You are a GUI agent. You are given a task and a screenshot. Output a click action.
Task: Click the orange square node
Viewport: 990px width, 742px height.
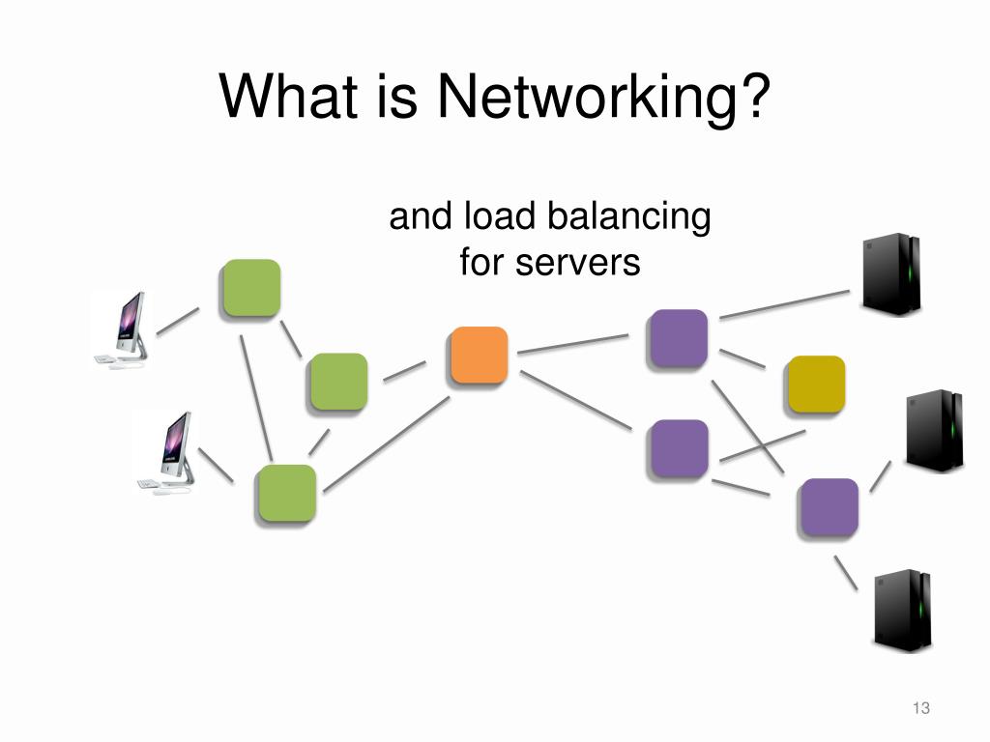click(479, 355)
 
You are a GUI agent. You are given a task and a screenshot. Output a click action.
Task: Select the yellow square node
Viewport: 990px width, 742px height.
click(816, 384)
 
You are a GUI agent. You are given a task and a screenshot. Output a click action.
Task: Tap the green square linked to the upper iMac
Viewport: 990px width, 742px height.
click(251, 288)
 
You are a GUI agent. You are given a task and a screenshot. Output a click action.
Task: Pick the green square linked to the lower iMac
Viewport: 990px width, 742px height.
click(285, 493)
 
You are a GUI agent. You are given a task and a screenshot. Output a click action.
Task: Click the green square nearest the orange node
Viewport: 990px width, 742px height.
click(338, 382)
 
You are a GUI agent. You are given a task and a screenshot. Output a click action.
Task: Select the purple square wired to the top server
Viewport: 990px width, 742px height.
click(678, 338)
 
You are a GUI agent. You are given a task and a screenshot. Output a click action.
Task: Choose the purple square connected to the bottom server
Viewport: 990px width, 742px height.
click(829, 506)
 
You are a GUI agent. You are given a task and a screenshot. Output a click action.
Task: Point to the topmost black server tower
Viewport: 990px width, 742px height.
click(889, 274)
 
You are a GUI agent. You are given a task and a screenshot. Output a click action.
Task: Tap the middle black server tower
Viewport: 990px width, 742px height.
click(933, 431)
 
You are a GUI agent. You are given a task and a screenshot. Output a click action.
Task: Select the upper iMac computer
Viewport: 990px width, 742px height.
click(124, 329)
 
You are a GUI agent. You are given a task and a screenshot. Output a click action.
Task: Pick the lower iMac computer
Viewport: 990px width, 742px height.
click(166, 451)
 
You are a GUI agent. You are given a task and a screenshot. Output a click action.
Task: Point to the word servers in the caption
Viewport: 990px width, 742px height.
click(579, 261)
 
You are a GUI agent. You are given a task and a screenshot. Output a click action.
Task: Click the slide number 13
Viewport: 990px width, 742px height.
click(920, 709)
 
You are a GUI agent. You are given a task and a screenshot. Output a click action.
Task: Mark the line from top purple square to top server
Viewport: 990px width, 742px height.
click(784, 304)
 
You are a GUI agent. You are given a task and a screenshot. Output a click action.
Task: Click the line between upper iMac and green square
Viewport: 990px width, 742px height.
click(177, 322)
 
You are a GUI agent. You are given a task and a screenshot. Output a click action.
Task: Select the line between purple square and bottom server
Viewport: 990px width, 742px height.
click(846, 572)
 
